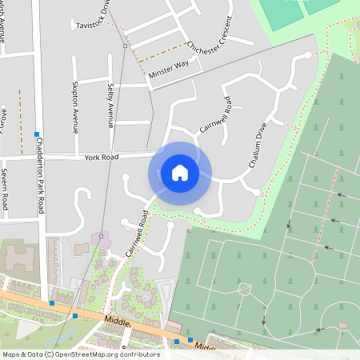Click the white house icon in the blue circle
click(180, 172)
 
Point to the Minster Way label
click(168, 70)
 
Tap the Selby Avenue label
click(111, 106)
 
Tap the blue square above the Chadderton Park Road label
click(37, 134)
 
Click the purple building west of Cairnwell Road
click(101, 238)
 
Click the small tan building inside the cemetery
click(342, 325)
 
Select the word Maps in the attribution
click(11, 354)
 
